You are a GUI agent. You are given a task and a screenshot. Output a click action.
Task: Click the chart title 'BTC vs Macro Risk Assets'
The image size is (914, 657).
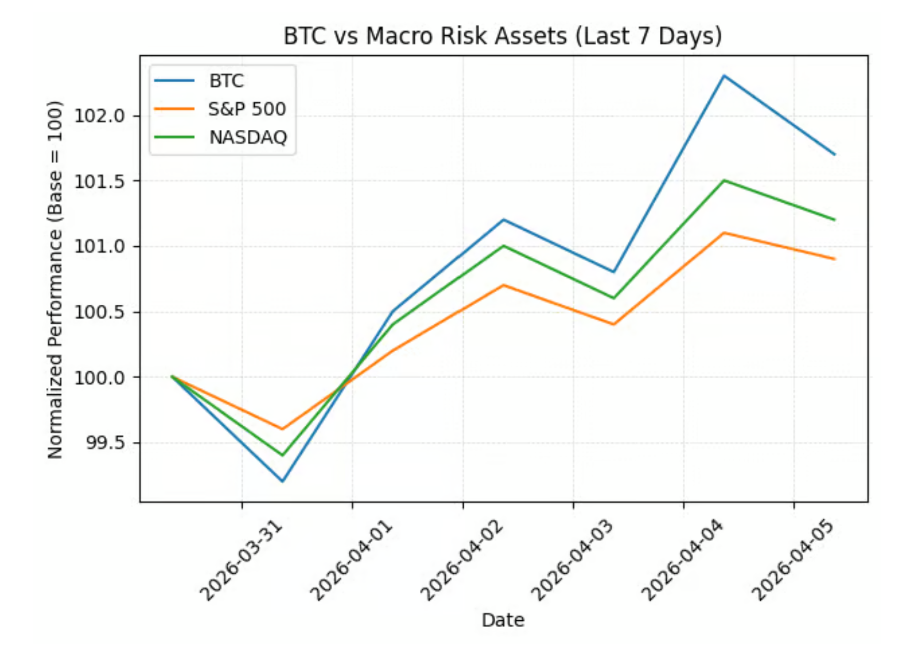click(502, 36)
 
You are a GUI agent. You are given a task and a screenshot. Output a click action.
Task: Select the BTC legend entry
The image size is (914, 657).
click(226, 81)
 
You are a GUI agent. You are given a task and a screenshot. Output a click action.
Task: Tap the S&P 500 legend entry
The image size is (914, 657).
click(246, 109)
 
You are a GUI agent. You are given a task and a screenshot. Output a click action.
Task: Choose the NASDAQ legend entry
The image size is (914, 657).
click(248, 137)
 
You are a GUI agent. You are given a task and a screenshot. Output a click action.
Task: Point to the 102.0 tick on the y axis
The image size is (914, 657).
click(100, 115)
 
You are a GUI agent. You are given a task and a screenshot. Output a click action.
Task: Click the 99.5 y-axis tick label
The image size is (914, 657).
click(105, 443)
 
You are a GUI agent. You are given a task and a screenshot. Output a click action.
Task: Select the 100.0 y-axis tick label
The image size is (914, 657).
click(100, 378)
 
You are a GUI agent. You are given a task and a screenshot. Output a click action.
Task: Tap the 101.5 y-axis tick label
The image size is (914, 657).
click(100, 181)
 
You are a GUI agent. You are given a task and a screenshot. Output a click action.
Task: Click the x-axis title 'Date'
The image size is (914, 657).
click(503, 620)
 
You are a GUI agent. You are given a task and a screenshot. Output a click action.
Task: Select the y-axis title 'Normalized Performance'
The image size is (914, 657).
click(55, 279)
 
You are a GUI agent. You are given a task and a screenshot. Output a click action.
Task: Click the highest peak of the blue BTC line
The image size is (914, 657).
click(724, 76)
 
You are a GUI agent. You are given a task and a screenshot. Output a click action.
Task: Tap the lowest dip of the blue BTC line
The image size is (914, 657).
click(282, 481)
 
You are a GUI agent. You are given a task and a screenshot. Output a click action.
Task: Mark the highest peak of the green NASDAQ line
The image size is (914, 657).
click(724, 181)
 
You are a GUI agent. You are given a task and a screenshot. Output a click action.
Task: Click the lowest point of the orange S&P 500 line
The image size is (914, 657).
click(282, 429)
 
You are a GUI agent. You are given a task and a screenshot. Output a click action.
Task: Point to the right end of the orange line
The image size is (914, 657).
click(834, 259)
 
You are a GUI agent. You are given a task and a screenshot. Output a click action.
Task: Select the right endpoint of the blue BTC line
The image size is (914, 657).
click(834, 154)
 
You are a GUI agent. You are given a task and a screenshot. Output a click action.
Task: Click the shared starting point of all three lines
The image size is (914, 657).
click(172, 377)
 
